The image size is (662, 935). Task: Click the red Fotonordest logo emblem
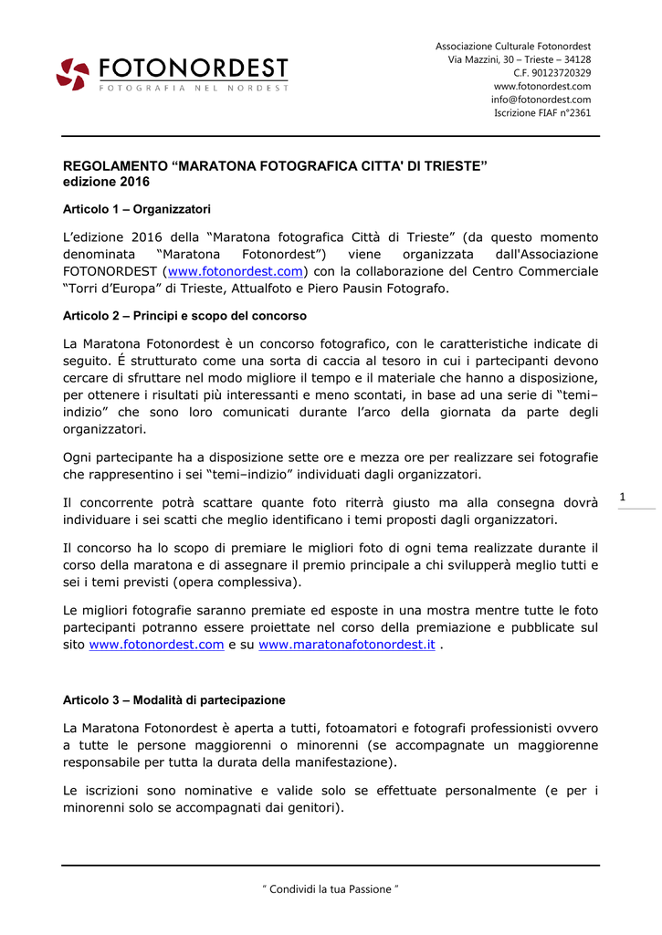[x=73, y=74]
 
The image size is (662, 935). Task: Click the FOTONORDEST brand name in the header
[x=194, y=68]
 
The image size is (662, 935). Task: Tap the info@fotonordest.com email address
[x=541, y=100]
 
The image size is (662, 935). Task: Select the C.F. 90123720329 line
[x=552, y=73]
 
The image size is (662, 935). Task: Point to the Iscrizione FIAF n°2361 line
[x=542, y=113]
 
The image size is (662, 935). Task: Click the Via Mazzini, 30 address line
[x=519, y=59]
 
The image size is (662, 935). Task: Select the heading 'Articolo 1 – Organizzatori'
[x=136, y=209]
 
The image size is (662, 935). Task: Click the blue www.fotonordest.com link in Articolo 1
[x=236, y=271]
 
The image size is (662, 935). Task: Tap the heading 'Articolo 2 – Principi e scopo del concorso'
[x=184, y=316]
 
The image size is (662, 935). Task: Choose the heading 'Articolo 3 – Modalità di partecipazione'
[x=173, y=700]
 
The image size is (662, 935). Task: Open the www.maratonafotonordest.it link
[x=347, y=645]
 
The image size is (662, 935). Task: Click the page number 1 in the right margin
[x=623, y=497]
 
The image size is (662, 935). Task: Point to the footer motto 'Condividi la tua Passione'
[x=331, y=889]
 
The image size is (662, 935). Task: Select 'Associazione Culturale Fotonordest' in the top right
[x=513, y=46]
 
